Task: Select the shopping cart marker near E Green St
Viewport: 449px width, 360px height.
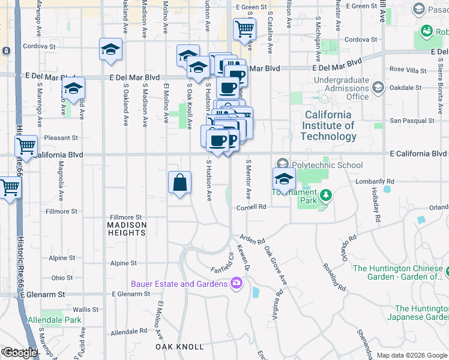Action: (x=245, y=28)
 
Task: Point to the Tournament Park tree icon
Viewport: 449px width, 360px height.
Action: (x=326, y=195)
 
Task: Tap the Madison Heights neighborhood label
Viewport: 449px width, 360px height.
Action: (x=127, y=229)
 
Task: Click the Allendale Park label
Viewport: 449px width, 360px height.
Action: (x=55, y=320)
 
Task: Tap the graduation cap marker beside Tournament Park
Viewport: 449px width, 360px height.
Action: (x=284, y=178)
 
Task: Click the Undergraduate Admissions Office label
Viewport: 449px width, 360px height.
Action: (x=342, y=88)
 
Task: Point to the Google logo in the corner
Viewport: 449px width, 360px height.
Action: (x=19, y=353)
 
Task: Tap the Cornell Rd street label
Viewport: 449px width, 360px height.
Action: (x=251, y=207)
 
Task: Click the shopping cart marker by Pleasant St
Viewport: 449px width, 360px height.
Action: (x=26, y=146)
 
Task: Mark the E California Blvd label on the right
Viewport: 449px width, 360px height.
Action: (x=418, y=154)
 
